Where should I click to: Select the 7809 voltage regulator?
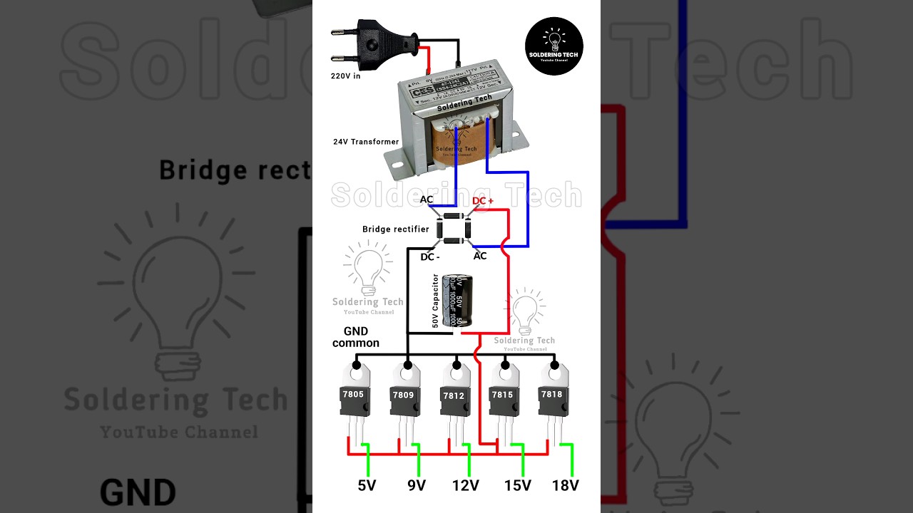pyautogui.click(x=403, y=395)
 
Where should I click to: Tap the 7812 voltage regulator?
pyautogui.click(x=454, y=395)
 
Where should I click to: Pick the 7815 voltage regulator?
pyautogui.click(x=502, y=395)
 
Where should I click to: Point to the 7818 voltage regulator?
pyautogui.click(x=551, y=395)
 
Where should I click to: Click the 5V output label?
pyautogui.click(x=367, y=486)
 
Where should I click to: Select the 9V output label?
pyautogui.click(x=417, y=486)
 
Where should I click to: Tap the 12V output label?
pyautogui.click(x=465, y=486)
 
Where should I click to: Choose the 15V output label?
pyautogui.click(x=518, y=486)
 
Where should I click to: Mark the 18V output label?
pyautogui.click(x=566, y=486)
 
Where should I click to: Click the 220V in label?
pyautogui.click(x=345, y=76)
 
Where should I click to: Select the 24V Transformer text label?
pyautogui.click(x=366, y=142)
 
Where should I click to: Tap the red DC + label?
pyautogui.click(x=483, y=201)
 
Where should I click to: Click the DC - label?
pyautogui.click(x=429, y=256)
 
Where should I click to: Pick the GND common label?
pyautogui.click(x=356, y=337)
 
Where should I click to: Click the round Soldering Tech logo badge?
pyautogui.click(x=554, y=46)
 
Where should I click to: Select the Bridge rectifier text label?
pyautogui.click(x=395, y=229)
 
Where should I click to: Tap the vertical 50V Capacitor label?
pyautogui.click(x=436, y=301)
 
